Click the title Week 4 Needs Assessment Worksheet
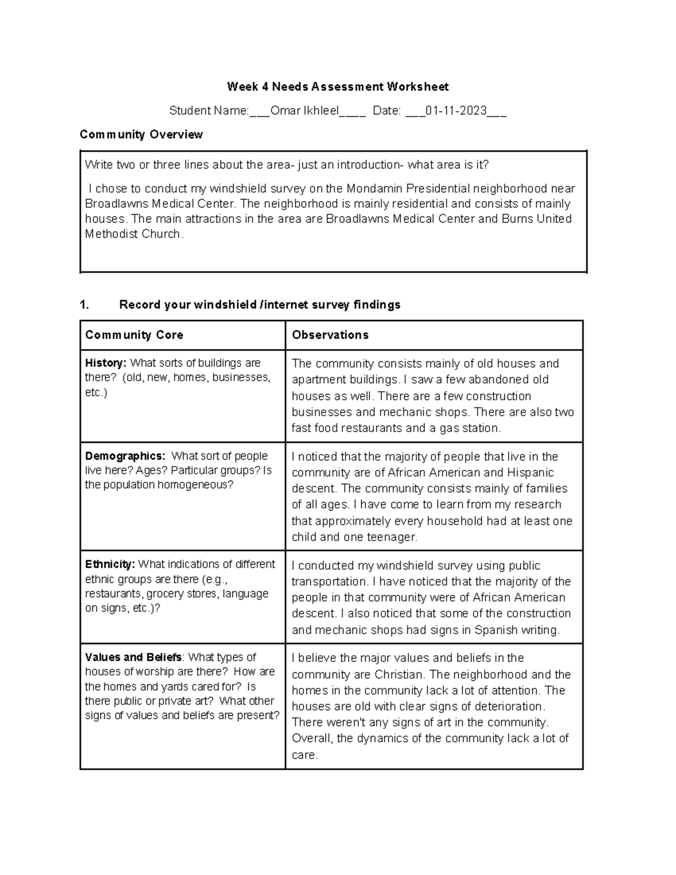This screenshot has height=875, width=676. (337, 87)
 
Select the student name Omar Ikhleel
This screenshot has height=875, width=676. (304, 111)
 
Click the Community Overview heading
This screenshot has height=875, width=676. (141, 135)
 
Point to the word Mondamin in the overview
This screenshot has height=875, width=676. (375, 189)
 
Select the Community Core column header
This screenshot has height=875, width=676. (134, 335)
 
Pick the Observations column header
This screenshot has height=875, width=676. (330, 335)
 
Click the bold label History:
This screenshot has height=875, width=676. (106, 363)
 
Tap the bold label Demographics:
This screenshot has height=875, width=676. (125, 456)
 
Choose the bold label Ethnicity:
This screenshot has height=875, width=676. (110, 565)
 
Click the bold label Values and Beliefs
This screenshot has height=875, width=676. (134, 658)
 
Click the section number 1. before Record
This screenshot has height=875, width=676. (84, 305)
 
